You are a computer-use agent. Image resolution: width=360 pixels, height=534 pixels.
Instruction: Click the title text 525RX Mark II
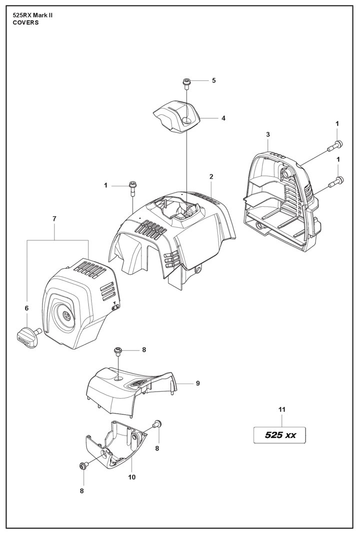(32, 15)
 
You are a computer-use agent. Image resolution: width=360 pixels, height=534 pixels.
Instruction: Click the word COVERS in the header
(25, 22)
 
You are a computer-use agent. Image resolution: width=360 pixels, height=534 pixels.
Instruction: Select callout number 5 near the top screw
(213, 80)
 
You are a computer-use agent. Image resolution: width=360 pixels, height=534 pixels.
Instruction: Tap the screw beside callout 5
(186, 82)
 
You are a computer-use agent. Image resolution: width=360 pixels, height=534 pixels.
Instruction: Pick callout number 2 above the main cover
(211, 177)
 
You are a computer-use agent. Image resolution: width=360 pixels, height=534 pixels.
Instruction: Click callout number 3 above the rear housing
(268, 134)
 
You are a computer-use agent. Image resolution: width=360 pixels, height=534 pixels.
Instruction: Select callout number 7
(54, 218)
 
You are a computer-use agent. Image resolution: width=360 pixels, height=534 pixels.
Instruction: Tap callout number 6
(26, 308)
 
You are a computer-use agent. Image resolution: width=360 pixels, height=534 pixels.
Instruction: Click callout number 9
(198, 383)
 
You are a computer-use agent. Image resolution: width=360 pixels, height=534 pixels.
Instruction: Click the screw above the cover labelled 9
(119, 351)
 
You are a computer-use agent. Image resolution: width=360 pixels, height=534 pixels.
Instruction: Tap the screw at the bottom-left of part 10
(83, 466)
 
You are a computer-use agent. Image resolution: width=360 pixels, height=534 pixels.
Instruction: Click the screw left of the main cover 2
(132, 187)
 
